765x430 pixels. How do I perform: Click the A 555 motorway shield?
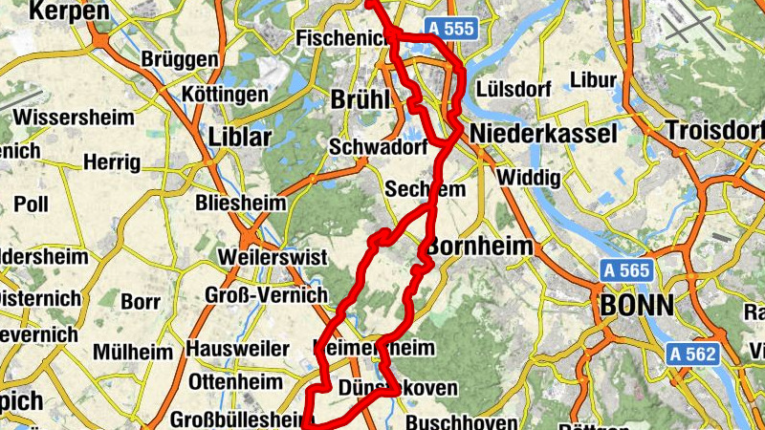pyautogui.click(x=451, y=29)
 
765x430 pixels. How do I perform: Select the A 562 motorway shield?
pyautogui.click(x=691, y=354)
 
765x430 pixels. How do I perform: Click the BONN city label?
pyautogui.click(x=636, y=306)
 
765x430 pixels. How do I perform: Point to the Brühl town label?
pyautogui.click(x=360, y=99)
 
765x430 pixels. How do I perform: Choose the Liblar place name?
pyautogui.click(x=240, y=137)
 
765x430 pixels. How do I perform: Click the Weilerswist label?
pyautogui.click(x=273, y=257)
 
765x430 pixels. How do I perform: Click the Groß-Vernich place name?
pyautogui.click(x=265, y=295)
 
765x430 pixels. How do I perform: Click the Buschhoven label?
pyautogui.click(x=461, y=422)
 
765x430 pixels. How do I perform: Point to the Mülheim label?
pyautogui.click(x=133, y=351)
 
